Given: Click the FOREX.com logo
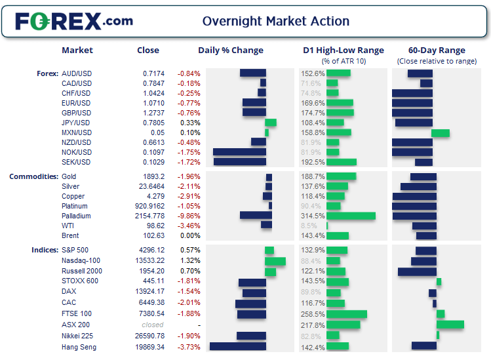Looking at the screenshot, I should [74, 21].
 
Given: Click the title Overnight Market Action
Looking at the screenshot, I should [275, 21].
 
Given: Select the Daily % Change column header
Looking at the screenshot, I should [231, 50].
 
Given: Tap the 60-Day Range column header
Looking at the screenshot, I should [436, 50].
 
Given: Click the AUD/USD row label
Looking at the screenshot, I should [76, 73].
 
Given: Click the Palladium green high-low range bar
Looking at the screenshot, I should [351, 216].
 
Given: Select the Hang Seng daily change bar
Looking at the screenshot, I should [237, 347].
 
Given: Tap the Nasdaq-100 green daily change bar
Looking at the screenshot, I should [275, 262].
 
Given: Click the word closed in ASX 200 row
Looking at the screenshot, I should [153, 325].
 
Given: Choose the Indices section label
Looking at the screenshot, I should [44, 250].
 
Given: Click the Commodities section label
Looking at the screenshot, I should [33, 177].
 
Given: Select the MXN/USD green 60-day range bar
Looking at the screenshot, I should [440, 133].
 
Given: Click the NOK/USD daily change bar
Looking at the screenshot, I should [239, 152].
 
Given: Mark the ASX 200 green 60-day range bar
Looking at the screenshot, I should [450, 325].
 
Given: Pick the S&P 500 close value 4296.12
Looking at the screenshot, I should [151, 250].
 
